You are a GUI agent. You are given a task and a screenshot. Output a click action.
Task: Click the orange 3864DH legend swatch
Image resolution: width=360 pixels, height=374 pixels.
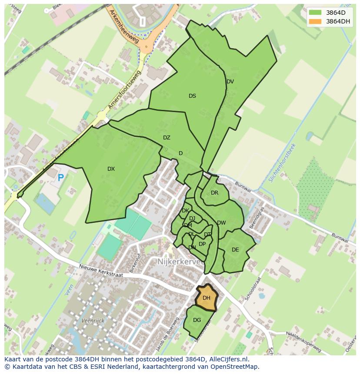coord(316,21)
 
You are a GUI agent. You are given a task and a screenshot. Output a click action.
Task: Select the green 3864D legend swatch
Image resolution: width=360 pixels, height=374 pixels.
coord(316,13)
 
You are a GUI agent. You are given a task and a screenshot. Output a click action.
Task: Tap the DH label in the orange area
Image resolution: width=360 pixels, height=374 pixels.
coord(207,298)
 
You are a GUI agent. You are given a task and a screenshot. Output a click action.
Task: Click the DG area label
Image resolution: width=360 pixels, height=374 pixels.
coord(197,320)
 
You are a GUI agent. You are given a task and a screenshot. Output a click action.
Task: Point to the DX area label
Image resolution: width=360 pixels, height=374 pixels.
coord(111,169)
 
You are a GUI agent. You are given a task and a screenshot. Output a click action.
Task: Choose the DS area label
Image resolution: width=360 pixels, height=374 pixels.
coord(192,96)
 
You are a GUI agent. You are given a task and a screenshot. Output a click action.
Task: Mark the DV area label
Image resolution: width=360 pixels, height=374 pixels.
coord(230,82)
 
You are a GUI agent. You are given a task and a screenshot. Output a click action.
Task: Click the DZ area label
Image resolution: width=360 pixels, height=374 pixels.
coord(167,138)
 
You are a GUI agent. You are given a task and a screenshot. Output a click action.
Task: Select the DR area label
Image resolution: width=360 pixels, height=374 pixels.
coord(214,193)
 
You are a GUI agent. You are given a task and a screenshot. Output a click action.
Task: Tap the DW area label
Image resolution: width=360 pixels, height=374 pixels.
coord(221,223)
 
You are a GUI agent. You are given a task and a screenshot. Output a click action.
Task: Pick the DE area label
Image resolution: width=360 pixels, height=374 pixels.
coord(235,250)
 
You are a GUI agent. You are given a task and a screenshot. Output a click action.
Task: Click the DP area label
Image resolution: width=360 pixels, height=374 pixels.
coord(202,244)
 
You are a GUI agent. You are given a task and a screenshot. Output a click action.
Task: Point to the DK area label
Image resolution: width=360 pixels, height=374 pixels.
coord(185,211)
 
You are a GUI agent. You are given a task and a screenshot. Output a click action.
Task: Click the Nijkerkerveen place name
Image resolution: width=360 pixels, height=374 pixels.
coord(183,262)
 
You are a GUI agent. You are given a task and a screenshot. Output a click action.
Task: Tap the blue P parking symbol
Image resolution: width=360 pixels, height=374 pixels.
coord(61,177)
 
